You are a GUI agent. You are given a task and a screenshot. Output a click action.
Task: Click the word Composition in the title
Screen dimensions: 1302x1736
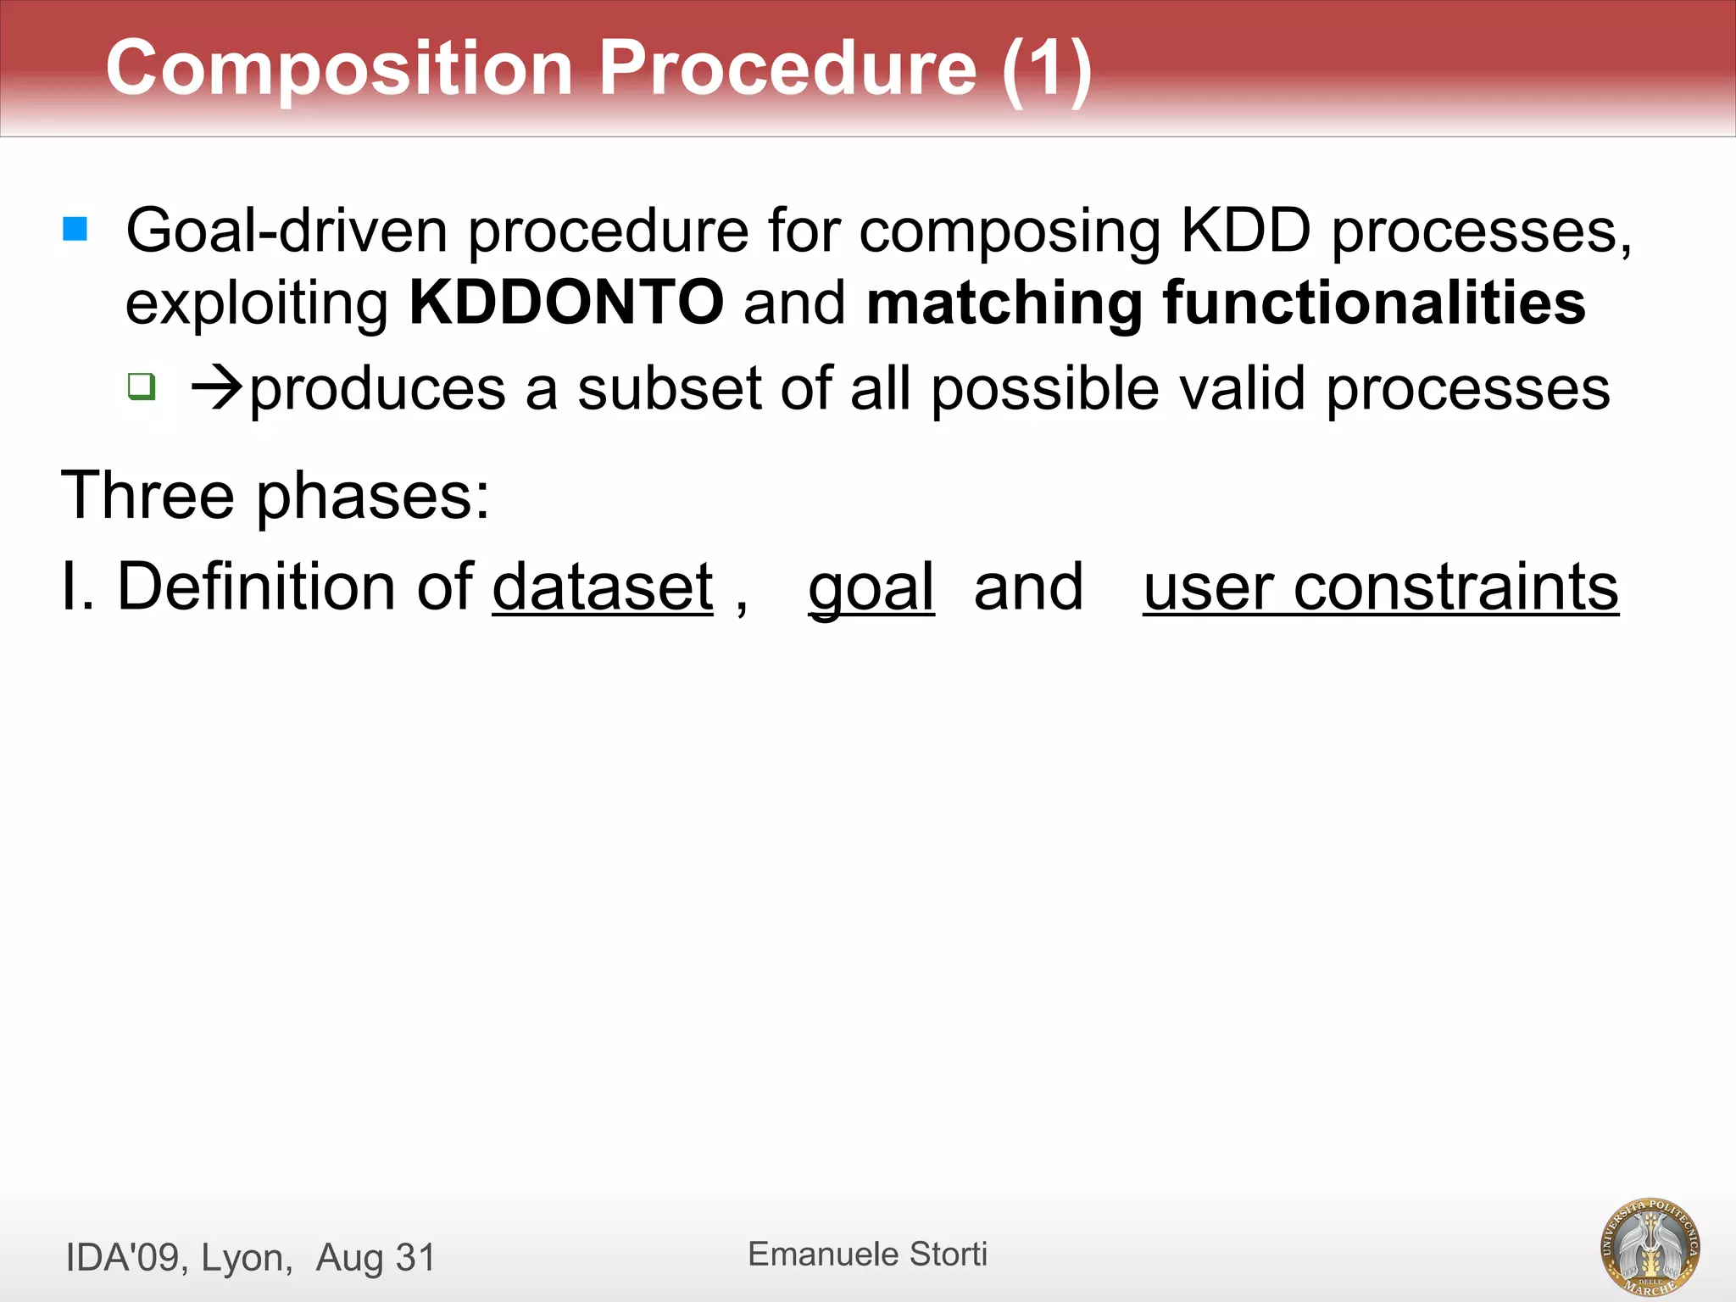click(339, 70)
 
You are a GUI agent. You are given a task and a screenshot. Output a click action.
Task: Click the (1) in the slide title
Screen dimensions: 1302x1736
click(1046, 70)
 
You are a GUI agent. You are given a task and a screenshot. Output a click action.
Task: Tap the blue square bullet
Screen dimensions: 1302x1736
click(75, 229)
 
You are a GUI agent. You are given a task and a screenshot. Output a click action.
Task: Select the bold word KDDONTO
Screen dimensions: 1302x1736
click(566, 303)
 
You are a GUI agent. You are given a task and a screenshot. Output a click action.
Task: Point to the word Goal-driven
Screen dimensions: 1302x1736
click(286, 231)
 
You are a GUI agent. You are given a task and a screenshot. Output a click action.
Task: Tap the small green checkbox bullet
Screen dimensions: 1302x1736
click(142, 387)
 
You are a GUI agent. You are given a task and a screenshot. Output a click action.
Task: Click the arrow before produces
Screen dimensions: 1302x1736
click(218, 389)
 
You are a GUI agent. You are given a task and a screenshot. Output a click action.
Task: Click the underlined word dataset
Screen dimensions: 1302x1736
click(603, 587)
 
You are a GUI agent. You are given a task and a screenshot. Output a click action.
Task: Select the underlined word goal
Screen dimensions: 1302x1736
click(871, 588)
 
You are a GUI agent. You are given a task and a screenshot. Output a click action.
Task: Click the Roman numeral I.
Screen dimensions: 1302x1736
click(70, 587)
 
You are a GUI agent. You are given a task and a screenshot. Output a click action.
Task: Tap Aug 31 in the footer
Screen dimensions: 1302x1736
click(376, 1258)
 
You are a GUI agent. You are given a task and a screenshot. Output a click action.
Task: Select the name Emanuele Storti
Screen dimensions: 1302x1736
click(867, 1255)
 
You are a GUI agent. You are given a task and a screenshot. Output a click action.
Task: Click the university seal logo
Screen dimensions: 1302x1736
click(1650, 1246)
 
